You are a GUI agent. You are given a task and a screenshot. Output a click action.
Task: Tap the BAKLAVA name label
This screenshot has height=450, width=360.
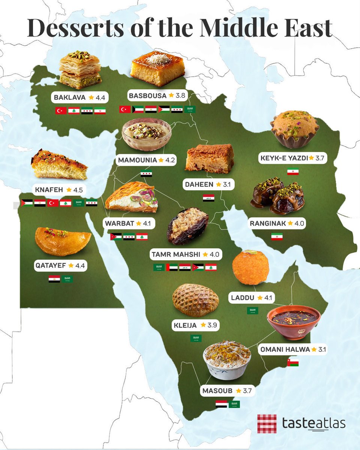click(70, 97)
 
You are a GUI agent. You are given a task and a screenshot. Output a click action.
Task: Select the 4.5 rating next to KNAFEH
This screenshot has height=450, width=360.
click(78, 190)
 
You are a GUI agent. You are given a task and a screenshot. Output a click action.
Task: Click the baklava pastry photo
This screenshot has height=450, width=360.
click(79, 70)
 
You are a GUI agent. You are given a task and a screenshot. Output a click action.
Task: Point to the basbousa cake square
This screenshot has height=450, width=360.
click(157, 69)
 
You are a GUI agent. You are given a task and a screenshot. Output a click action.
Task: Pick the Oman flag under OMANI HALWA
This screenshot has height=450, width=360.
click(292, 363)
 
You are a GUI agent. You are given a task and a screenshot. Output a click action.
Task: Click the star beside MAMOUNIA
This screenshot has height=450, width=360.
click(161, 160)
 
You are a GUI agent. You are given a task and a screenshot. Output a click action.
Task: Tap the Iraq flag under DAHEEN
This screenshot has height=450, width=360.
click(208, 198)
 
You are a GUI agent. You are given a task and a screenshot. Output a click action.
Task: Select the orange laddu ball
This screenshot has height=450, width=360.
click(250, 268)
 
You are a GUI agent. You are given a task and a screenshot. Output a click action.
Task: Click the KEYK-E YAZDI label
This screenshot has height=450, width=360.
click(284, 158)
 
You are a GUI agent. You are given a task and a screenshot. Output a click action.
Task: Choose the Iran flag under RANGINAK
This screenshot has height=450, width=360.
click(277, 237)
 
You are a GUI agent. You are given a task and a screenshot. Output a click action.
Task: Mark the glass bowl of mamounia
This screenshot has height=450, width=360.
click(147, 134)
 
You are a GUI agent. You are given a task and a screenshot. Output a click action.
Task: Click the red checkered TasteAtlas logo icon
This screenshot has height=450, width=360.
click(267, 424)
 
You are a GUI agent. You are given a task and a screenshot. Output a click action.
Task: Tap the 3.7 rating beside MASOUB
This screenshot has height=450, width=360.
click(247, 391)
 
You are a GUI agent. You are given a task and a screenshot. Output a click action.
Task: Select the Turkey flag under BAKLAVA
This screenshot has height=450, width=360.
click(61, 111)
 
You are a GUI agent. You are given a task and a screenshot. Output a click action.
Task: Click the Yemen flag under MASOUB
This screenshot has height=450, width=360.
click(221, 404)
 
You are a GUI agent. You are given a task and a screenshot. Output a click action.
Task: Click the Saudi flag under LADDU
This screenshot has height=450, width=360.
click(252, 310)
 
